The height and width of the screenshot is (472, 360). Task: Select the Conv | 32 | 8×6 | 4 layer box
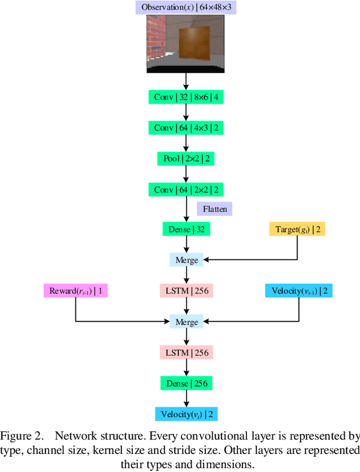tap(186, 97)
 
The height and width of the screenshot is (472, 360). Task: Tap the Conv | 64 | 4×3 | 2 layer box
tap(186, 128)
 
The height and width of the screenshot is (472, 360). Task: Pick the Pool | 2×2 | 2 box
tap(186, 159)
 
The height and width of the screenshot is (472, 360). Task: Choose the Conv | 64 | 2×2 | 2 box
tap(186, 190)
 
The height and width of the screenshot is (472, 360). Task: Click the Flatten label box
tap(214, 209)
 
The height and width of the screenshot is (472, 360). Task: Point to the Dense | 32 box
tap(186, 229)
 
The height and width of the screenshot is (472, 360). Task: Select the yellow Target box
tap(297, 229)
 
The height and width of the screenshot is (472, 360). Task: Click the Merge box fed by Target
tap(186, 260)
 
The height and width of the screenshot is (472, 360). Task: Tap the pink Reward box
tap(75, 291)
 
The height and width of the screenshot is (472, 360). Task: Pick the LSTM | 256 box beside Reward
tap(186, 291)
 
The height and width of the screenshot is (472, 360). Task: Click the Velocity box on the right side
tap(298, 291)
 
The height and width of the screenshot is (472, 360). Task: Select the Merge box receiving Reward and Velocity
tap(186, 322)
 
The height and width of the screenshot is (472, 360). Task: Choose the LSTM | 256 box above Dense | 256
tap(186, 353)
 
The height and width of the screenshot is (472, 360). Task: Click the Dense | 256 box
tap(186, 384)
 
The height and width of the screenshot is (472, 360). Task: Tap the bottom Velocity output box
tap(186, 415)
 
